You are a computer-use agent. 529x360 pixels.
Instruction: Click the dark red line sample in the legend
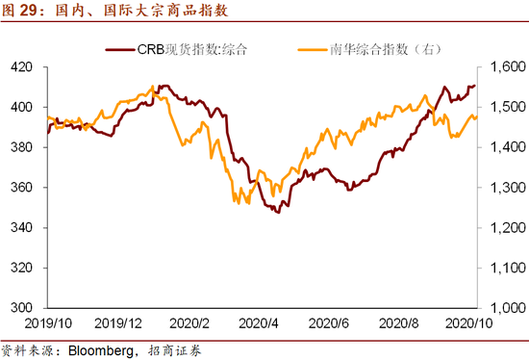(119, 48)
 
